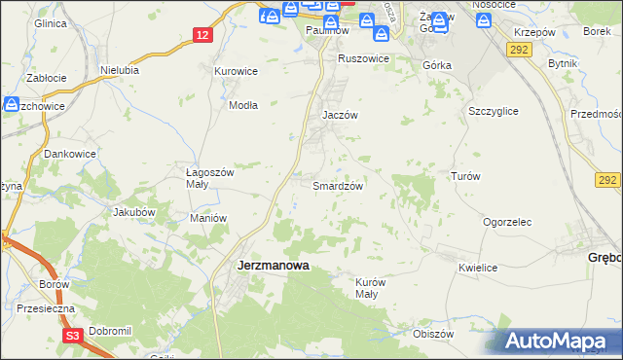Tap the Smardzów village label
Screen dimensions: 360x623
[338, 186]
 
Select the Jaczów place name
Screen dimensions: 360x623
[341, 115]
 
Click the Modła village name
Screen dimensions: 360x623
[241, 105]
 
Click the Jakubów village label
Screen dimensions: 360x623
[134, 211]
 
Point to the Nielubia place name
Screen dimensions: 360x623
[121, 70]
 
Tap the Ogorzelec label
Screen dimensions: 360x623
[507, 222]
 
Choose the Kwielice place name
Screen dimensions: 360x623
[478, 268]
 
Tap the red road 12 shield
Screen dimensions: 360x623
[202, 35]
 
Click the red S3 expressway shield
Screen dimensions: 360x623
[72, 336]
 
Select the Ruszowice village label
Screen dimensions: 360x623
[363, 58]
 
